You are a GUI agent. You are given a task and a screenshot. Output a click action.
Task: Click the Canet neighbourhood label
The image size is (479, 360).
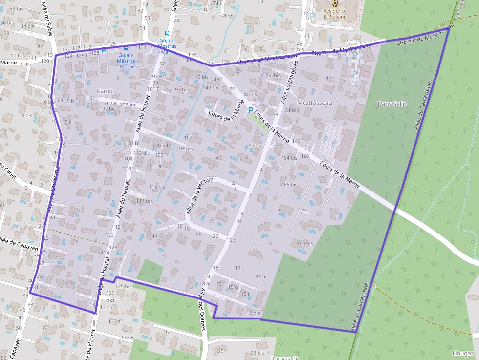105,91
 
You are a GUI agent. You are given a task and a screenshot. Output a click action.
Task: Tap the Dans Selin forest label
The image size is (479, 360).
392,104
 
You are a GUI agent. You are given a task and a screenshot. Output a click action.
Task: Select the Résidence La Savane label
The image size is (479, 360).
335,14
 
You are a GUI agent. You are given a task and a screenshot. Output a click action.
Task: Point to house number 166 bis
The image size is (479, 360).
289,185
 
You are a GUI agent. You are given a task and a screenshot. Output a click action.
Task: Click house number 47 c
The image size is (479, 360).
330,78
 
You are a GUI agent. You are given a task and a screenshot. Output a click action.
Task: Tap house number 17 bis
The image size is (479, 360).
253,313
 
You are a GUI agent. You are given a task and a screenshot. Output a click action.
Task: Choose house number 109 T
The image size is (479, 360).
161,155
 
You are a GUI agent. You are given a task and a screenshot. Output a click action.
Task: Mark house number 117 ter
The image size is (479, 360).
145,201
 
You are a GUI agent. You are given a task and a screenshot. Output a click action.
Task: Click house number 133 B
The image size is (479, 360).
128,338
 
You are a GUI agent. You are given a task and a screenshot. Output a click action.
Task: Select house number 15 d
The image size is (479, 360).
231,240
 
